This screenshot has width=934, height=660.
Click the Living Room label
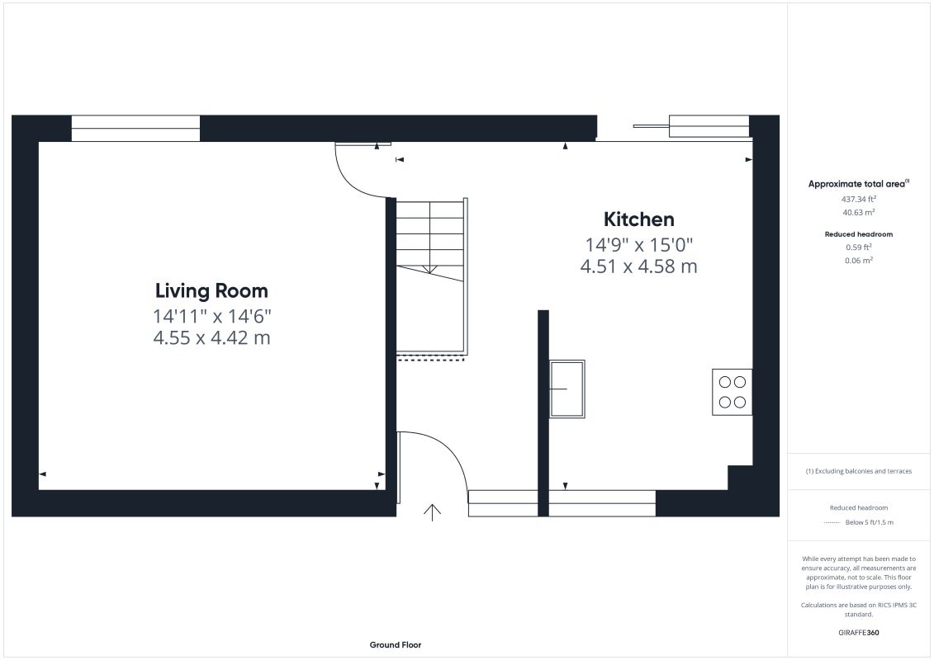coord(211,290)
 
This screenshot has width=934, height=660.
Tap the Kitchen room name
coord(638,219)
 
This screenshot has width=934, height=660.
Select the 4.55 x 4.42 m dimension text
coord(211,337)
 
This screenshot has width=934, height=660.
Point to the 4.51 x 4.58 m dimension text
coord(638,266)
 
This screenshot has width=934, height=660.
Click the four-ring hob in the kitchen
coord(732,392)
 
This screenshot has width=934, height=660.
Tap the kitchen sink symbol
coord(567,389)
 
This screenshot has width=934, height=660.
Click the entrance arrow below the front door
coord(432,512)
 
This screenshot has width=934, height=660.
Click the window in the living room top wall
coord(135,129)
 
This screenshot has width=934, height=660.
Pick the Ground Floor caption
coord(396,644)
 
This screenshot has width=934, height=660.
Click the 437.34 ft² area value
coord(858,200)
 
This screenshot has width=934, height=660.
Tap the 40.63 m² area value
coord(858,213)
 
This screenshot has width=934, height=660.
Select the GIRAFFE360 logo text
coord(858,633)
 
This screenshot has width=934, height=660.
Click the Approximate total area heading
coord(858,184)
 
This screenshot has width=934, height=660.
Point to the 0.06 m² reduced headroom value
coord(858,260)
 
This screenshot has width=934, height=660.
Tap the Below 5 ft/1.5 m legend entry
coord(869,522)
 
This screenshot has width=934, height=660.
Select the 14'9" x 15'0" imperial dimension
coord(638,244)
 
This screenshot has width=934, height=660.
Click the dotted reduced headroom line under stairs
coord(430,360)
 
